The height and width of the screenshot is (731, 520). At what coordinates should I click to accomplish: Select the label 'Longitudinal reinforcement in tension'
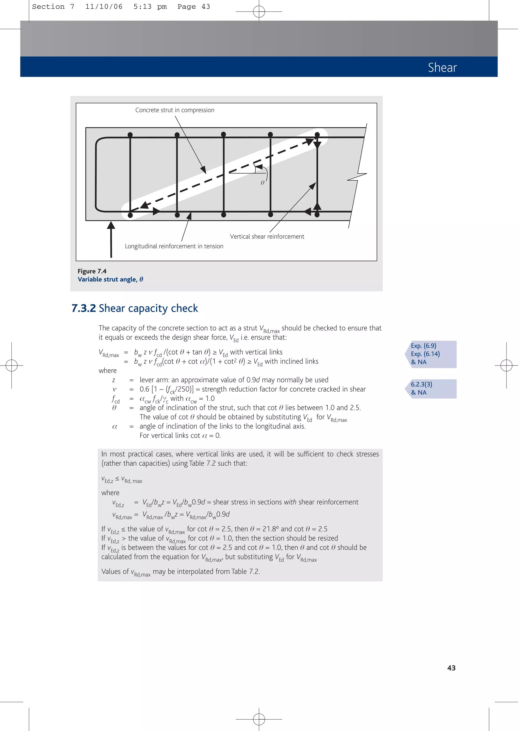coord(174,246)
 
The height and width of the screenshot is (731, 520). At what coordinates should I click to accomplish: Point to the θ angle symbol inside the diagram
coord(263,183)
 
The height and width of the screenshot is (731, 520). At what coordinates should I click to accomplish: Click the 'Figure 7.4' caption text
coord(92,271)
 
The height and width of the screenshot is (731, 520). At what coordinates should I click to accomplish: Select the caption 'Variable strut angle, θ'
coord(110,280)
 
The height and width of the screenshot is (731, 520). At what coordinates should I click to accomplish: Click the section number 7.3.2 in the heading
coord(84,308)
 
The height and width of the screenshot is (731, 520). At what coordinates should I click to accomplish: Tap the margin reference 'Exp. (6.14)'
coord(425,354)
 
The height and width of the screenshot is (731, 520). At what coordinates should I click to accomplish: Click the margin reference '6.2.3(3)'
coord(421,384)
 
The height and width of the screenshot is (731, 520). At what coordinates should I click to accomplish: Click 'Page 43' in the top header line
coord(194,7)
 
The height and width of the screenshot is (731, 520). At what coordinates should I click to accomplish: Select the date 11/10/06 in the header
coord(104,7)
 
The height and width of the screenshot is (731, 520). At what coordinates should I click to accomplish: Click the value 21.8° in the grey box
coord(271,529)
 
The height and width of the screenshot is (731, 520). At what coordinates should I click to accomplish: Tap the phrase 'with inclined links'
coord(291,361)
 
